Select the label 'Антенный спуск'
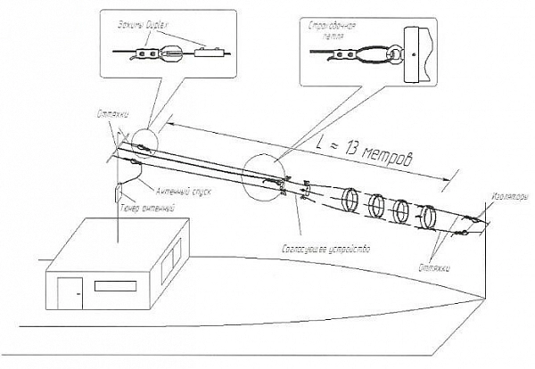(182, 190)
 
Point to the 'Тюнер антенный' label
(144, 207)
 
